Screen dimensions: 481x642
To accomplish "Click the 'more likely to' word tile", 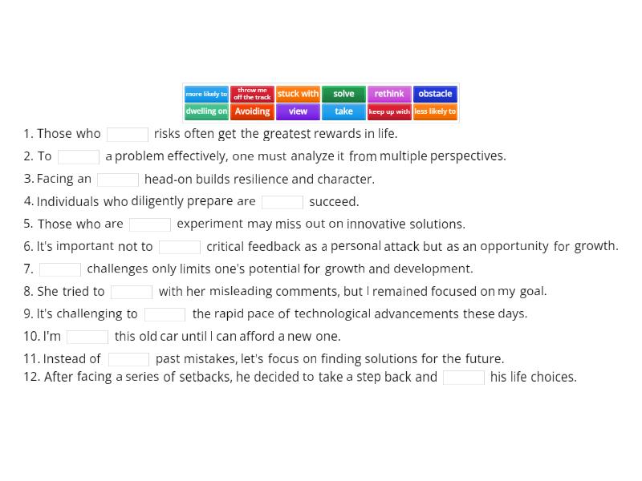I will click(206, 94).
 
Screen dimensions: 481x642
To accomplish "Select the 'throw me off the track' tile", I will click(252, 94).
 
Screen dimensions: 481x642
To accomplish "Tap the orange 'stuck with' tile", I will click(298, 94).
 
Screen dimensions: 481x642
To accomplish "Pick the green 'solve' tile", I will click(343, 94).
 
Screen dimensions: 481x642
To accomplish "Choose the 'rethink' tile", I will click(389, 94).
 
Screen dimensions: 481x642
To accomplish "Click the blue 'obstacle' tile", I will click(435, 94).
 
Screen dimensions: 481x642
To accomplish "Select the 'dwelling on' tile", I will click(206, 111).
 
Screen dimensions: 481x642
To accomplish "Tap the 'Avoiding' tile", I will click(252, 111).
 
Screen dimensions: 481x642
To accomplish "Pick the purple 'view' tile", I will click(298, 111).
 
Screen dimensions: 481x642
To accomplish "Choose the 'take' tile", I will click(343, 111).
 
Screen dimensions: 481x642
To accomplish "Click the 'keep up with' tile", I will click(389, 111).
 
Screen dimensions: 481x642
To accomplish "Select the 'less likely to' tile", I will click(435, 111).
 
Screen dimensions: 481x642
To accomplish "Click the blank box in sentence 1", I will click(128, 135).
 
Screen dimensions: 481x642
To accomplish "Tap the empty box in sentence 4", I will click(282, 202).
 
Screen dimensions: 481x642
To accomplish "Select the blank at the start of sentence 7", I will click(60, 269).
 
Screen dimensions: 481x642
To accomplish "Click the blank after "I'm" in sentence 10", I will click(87, 337).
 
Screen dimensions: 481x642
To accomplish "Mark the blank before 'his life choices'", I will click(464, 378).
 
